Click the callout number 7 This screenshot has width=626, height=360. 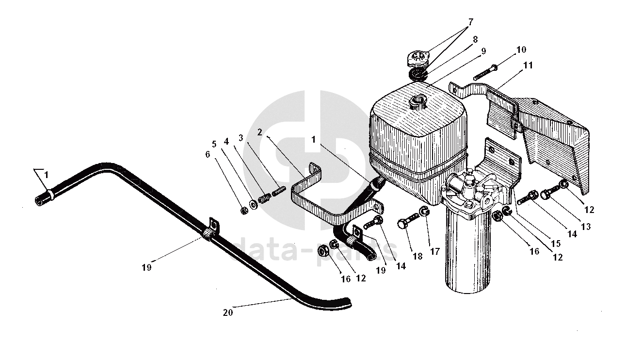[471, 22]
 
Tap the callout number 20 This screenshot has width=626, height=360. [228, 312]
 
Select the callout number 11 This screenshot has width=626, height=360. [528, 65]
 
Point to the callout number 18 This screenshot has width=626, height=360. [417, 256]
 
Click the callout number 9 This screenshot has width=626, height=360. [483, 51]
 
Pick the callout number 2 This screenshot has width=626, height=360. [259, 132]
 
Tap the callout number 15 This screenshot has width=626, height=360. [556, 244]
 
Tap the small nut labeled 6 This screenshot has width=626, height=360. [244, 211]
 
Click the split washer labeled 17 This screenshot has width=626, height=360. [425, 211]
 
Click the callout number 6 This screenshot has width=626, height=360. [208, 154]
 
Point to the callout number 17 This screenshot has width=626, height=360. [435, 251]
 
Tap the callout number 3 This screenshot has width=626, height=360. [241, 138]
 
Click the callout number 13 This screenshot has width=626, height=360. [586, 226]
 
